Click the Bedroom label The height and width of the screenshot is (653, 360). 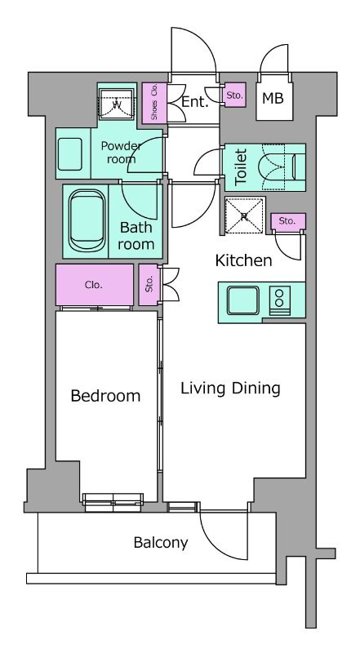(x=105, y=396)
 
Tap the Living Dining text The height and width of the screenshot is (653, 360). (x=230, y=389)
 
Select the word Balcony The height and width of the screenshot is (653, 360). (x=161, y=543)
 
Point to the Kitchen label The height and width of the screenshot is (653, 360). (x=243, y=260)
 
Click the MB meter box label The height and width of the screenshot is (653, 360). (x=273, y=99)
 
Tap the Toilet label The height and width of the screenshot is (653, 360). (x=242, y=167)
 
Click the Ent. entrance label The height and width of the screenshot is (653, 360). (x=194, y=102)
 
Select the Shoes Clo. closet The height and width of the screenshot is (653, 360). (x=154, y=103)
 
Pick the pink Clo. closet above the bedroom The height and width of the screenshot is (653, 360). (x=95, y=285)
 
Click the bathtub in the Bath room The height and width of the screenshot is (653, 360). (x=87, y=220)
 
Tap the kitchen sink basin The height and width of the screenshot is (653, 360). (x=243, y=300)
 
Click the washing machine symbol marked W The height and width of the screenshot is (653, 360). (x=117, y=104)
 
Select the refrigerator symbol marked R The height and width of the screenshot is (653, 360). (x=245, y=215)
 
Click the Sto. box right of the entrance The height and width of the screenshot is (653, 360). (x=234, y=96)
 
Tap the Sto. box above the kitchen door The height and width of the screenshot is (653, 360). (x=288, y=221)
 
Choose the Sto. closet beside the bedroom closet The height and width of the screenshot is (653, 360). (x=149, y=285)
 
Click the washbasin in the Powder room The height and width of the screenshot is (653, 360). (x=69, y=154)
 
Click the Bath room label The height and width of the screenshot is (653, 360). (x=136, y=236)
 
